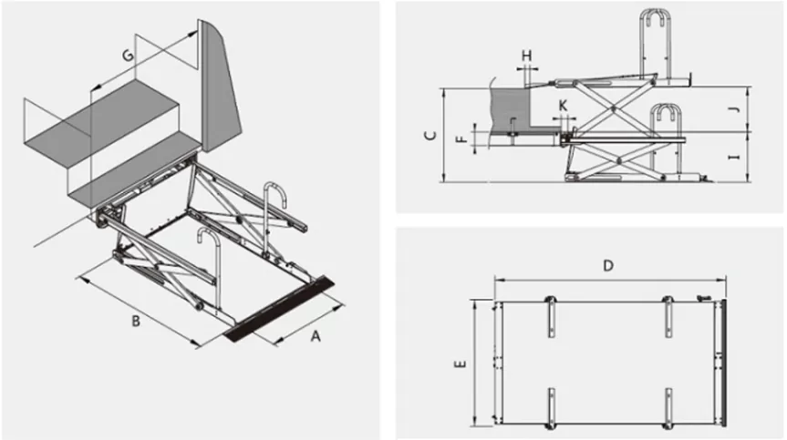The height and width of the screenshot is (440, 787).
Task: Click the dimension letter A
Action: [316, 336]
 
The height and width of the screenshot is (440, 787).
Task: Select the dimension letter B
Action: [135, 322]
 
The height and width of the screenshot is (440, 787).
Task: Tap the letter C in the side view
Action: [430, 137]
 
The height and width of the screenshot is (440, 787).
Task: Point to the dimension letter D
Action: [607, 266]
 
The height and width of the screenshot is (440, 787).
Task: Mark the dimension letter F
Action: [461, 139]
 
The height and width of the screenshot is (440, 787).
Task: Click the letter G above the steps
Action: [127, 56]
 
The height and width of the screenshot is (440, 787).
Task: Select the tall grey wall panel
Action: [220, 82]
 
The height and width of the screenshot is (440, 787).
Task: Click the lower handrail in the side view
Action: [668, 118]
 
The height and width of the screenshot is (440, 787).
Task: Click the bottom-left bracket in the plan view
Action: [550, 406]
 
